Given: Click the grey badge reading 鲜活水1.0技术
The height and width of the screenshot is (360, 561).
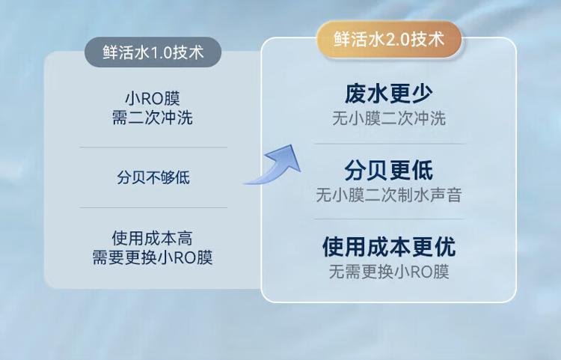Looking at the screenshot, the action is (153, 52).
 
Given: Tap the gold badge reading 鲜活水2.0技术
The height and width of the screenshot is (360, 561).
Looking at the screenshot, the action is (388, 39).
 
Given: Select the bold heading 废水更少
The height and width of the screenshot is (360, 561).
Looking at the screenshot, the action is (388, 94).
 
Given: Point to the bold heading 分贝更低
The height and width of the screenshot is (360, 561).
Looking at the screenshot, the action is (388, 170).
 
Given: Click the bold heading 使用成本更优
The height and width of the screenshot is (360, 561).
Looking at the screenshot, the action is (389, 246).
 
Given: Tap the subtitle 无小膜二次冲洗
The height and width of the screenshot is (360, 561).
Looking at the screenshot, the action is (388, 118).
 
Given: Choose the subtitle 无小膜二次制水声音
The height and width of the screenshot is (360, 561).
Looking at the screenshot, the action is (388, 195).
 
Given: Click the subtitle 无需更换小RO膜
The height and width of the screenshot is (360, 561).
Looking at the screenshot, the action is (389, 272).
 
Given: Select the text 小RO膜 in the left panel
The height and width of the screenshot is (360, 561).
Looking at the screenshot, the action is (153, 98).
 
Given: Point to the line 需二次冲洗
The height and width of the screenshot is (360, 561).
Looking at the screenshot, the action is (153, 118).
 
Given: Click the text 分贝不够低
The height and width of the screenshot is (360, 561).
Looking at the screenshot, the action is (153, 177).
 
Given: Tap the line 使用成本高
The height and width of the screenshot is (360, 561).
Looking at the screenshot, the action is (153, 238).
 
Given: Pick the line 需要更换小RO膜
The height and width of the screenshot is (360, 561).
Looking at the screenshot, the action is (153, 257).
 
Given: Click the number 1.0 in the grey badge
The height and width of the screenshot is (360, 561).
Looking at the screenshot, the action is (162, 52).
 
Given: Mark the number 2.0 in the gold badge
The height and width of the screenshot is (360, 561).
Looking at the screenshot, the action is (398, 40).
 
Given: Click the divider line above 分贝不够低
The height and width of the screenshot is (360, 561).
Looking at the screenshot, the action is (153, 147).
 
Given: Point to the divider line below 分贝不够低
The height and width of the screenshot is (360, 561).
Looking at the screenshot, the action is (153, 207).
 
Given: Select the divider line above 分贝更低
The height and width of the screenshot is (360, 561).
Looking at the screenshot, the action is (389, 144).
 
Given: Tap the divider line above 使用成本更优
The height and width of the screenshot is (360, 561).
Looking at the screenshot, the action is (389, 219).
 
